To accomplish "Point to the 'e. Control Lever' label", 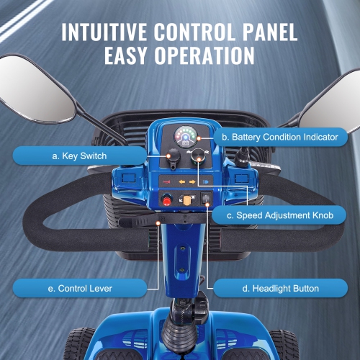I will pyautogui.click(x=80, y=289).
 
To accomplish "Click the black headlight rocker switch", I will pyautogui.click(x=207, y=200).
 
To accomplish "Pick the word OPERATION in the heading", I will pyautogui.click(x=202, y=55).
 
